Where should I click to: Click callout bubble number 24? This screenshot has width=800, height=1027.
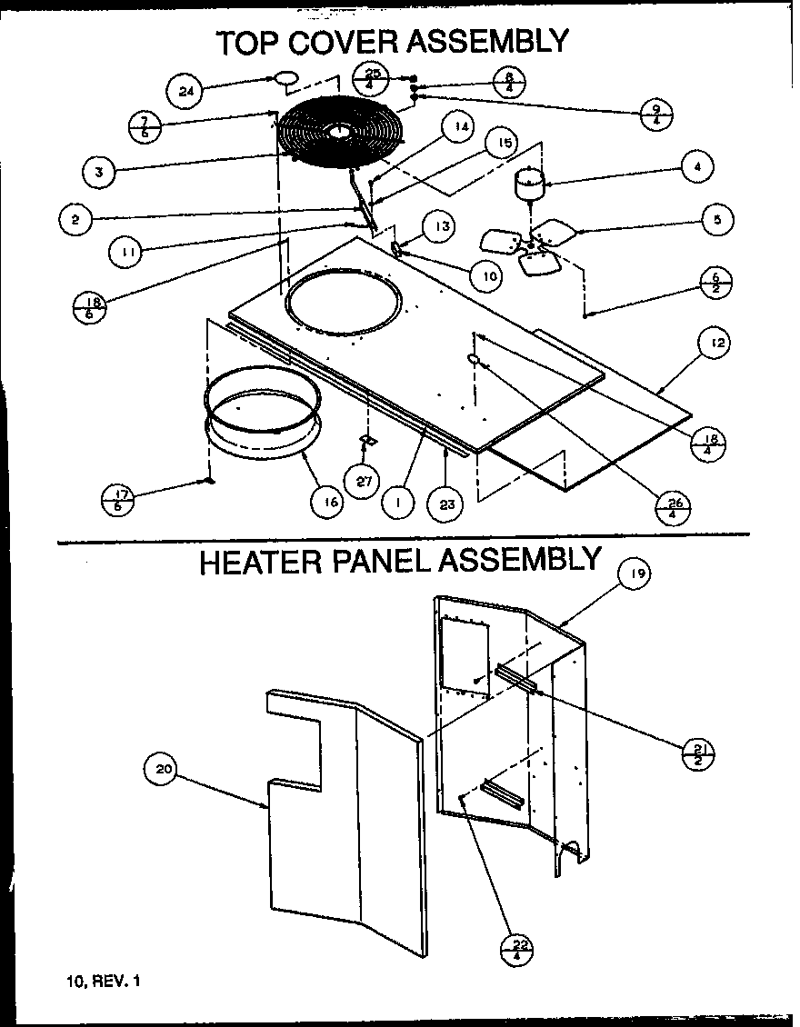click(186, 90)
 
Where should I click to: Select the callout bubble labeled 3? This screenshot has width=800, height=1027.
click(98, 170)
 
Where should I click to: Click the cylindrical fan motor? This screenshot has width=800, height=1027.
click(528, 185)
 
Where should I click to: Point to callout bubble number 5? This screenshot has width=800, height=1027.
click(717, 219)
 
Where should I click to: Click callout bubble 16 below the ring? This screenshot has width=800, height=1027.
click(327, 501)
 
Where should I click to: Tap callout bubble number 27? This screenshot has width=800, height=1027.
click(364, 482)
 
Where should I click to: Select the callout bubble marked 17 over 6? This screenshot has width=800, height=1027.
click(117, 501)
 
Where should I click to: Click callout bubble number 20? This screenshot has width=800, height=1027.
click(163, 770)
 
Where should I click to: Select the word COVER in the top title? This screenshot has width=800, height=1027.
click(349, 42)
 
